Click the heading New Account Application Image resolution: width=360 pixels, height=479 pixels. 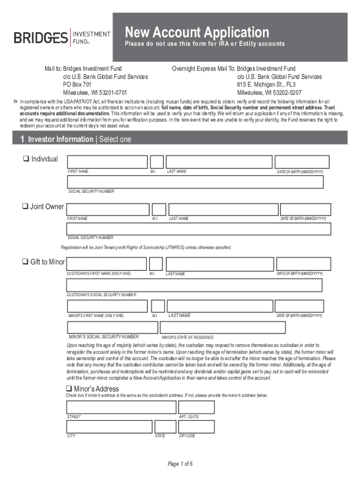pos(197,32)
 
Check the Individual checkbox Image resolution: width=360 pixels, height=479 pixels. pos(26,159)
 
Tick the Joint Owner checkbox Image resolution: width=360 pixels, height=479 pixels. pos(26,207)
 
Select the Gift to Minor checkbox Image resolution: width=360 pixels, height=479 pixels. pos(26,262)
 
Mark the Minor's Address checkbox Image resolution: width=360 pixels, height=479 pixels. pos(69,389)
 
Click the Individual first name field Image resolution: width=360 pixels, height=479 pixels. pos(108,162)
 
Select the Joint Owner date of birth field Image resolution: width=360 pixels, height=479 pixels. pos(305,210)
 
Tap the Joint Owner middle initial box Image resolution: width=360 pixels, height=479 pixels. pos(159,210)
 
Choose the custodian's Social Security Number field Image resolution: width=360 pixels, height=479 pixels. pos(194,285)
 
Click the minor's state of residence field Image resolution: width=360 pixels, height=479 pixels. pos(241,327)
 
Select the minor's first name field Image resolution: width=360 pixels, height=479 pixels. pos(108,306)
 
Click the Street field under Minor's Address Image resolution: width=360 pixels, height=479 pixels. pos(121,407)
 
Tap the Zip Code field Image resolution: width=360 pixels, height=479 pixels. pos(196,427)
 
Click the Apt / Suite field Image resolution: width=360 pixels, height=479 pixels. pos(196,407)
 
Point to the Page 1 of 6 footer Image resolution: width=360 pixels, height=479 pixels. pos(180,464)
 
